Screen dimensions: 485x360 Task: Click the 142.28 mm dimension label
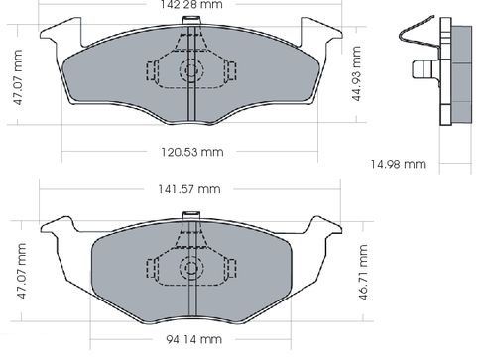[x=191, y=4]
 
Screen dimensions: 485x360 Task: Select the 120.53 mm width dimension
[x=192, y=152]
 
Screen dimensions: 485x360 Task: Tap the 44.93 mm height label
[x=356, y=73]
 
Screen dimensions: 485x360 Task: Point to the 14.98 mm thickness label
[x=398, y=164]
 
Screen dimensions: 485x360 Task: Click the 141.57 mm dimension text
[x=189, y=189]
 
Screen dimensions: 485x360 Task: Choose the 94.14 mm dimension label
[x=193, y=339]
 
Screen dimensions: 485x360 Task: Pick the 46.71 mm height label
[x=363, y=272]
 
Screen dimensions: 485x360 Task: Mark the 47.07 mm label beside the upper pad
[x=17, y=77]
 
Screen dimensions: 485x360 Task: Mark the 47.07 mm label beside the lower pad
[x=21, y=271]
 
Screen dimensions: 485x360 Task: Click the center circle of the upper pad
[x=191, y=70]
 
